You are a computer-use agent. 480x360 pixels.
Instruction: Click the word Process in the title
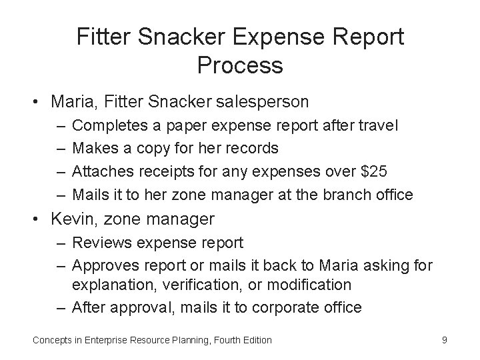[x=240, y=65]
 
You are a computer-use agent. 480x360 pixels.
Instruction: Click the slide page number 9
[x=444, y=339]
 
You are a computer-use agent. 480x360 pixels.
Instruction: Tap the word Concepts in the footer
[x=51, y=340]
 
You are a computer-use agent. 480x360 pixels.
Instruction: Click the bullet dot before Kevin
[x=40, y=219]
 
